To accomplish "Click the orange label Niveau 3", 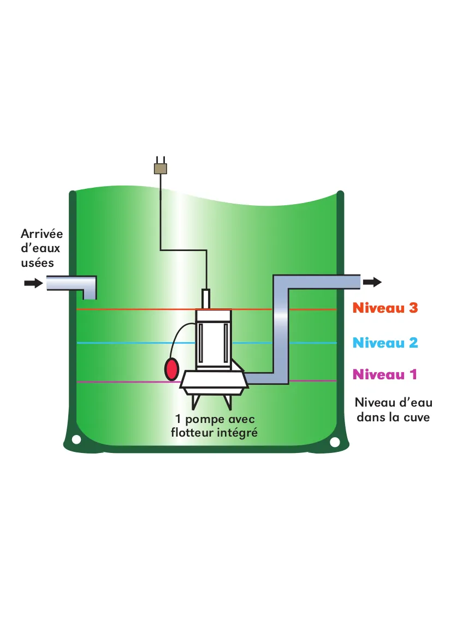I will [385, 308].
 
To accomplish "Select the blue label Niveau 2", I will [385, 343].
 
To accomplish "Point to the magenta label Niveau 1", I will [385, 374].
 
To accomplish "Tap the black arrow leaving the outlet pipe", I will [372, 282].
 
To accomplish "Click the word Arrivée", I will [41, 234].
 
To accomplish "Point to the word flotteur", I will [193, 433].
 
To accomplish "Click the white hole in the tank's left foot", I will [76, 439].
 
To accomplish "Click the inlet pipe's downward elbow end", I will [89, 294].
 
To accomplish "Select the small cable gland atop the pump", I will [206, 299].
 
